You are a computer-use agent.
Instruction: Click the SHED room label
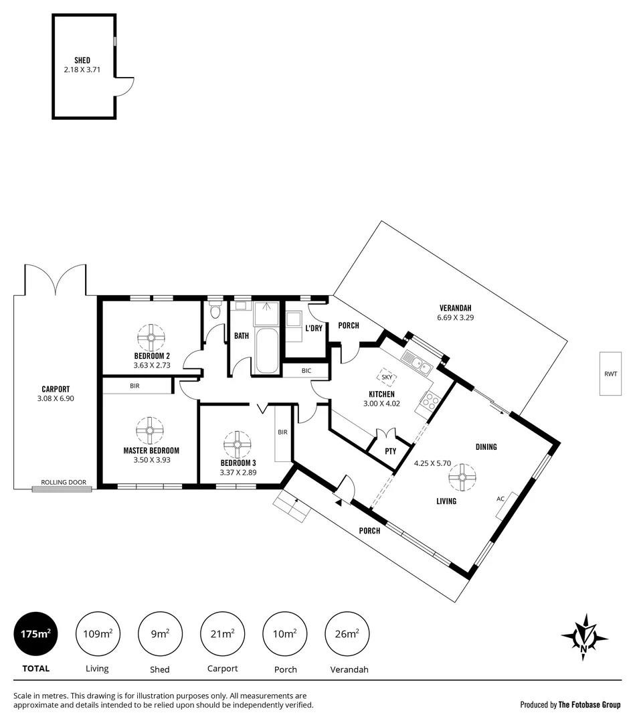point(82,60)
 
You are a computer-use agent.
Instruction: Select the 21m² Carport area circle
point(223,633)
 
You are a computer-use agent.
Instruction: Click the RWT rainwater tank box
point(610,374)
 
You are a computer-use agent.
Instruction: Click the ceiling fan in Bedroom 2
point(152,337)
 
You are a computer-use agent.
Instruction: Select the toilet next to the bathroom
point(215,312)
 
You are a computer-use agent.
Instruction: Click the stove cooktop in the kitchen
point(429,402)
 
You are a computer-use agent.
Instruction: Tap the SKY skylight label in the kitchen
point(386,376)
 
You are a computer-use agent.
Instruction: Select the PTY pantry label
point(391,451)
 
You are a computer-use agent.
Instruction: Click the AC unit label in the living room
point(501,499)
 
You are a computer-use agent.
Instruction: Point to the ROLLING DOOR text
point(64,482)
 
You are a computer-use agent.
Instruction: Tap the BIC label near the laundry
point(306,370)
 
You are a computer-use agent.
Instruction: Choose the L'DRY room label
point(314,329)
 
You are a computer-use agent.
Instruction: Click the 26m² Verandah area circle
point(347,633)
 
